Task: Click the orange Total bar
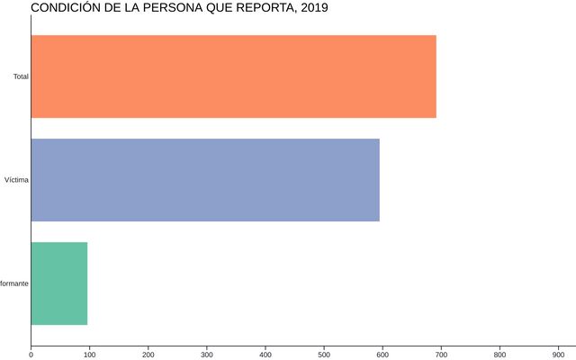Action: coord(233,76)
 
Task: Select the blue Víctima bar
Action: coord(205,180)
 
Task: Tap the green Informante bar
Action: coord(59,283)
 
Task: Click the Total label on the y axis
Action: coord(21,76)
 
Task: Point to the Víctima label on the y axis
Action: coord(16,180)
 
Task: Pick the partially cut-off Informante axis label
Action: coord(13,283)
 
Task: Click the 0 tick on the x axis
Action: coord(31,354)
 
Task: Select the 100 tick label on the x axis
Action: coord(89,354)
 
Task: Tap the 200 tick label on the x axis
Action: coord(148,354)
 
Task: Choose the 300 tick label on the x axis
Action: coord(206,354)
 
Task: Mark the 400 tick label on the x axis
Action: coord(265,354)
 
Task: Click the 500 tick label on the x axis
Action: coord(324,354)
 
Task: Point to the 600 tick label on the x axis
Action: coord(382,354)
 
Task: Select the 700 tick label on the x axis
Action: coord(441,354)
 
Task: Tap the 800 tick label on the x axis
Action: coord(499,354)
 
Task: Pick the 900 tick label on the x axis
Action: coord(558,354)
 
